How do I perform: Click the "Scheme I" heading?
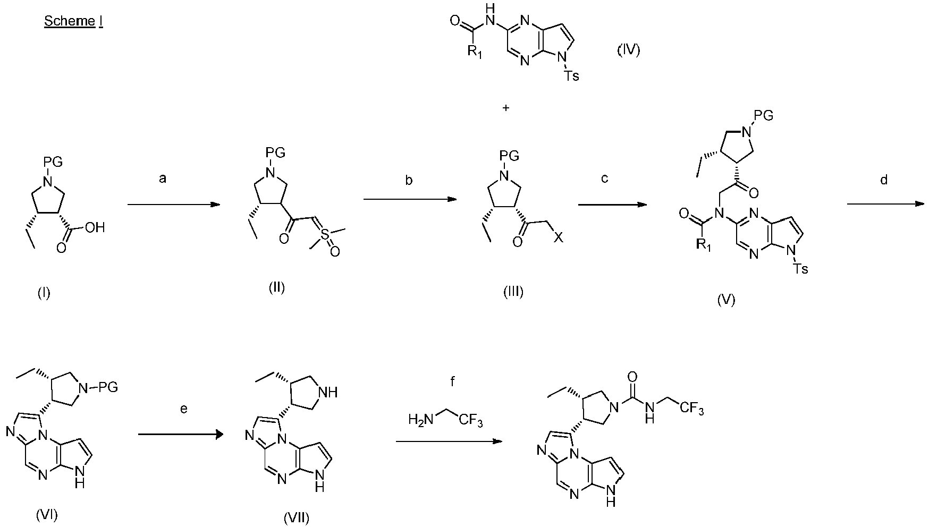(x=73, y=22)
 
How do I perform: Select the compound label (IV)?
(x=628, y=50)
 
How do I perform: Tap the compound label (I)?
(x=44, y=292)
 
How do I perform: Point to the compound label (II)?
(x=276, y=288)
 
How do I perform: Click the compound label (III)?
(x=513, y=292)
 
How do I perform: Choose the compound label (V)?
(x=726, y=300)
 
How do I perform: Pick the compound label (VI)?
(x=46, y=514)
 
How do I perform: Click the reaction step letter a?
(x=163, y=179)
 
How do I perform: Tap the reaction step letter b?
(x=409, y=180)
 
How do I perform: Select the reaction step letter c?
(x=604, y=179)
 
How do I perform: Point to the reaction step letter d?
(x=884, y=180)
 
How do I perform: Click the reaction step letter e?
(x=184, y=410)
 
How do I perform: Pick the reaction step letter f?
(x=452, y=381)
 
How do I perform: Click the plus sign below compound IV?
(x=505, y=108)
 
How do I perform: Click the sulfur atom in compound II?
(x=325, y=234)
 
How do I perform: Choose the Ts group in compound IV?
(x=571, y=76)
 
